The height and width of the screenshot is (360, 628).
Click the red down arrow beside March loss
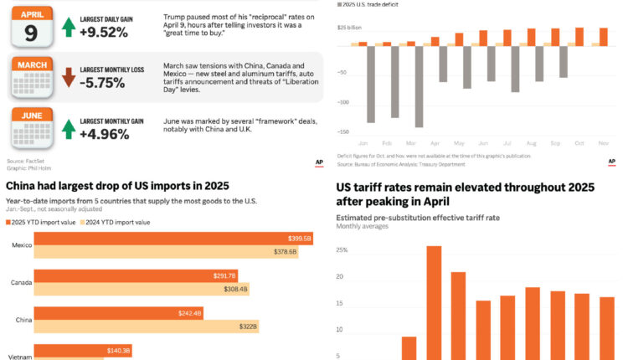coord(69,78)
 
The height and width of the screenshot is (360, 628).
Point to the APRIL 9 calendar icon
coord(31,24)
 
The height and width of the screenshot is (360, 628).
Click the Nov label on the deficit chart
coord(603,143)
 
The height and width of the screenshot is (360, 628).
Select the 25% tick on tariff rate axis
coord(342,250)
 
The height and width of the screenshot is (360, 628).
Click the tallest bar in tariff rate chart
coord(434,301)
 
